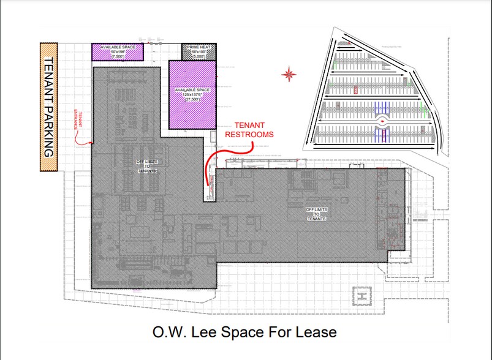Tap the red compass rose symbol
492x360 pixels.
coord(289,75)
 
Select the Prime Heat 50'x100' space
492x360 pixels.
coord(199,52)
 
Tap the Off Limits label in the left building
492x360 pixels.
coord(147,166)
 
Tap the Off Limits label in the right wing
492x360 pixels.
coord(316,214)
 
